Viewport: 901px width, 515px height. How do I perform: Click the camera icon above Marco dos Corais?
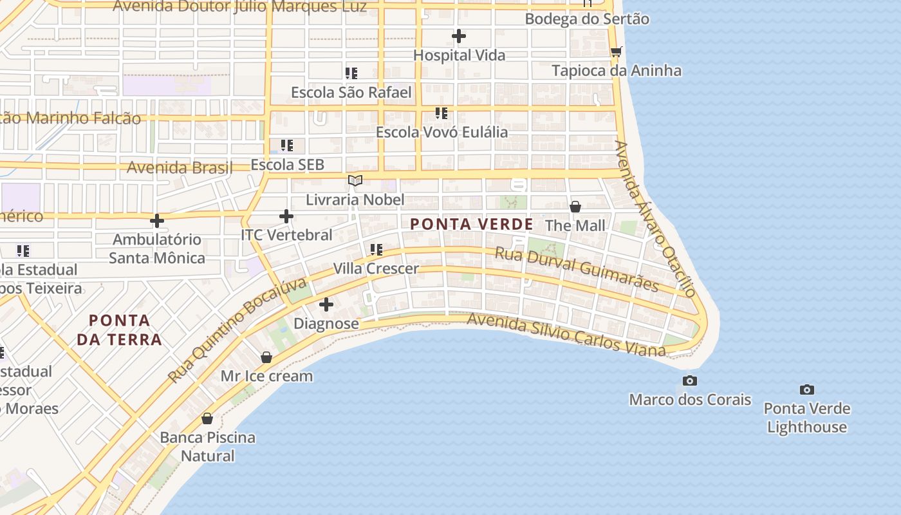pyautogui.click(x=690, y=380)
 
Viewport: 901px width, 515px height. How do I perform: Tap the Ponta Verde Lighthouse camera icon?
pyautogui.click(x=807, y=389)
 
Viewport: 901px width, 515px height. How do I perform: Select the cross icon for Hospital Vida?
pyautogui.click(x=458, y=36)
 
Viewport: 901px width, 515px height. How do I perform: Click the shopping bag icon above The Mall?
pyautogui.click(x=575, y=207)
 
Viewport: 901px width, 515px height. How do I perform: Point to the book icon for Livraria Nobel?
pyautogui.click(x=355, y=181)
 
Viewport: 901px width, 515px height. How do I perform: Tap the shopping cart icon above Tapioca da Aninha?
pyautogui.click(x=616, y=51)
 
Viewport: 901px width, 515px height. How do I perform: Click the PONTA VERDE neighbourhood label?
pyautogui.click(x=472, y=224)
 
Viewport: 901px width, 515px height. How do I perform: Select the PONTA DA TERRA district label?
pyautogui.click(x=119, y=330)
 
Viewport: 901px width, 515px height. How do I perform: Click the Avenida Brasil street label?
pyautogui.click(x=180, y=167)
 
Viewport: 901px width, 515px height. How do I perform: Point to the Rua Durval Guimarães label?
pyautogui.click(x=577, y=269)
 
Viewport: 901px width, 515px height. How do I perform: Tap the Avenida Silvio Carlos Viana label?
pyautogui.click(x=566, y=335)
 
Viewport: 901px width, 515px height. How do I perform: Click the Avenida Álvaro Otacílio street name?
pyautogui.click(x=656, y=219)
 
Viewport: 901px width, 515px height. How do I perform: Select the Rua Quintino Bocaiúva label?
pyautogui.click(x=237, y=331)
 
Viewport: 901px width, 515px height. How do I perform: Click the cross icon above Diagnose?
pyautogui.click(x=326, y=304)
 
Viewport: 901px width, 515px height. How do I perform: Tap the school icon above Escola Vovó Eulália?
pyautogui.click(x=441, y=113)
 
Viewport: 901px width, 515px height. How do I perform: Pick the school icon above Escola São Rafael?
pyautogui.click(x=351, y=73)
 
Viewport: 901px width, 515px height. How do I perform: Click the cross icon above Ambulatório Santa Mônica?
pyautogui.click(x=156, y=221)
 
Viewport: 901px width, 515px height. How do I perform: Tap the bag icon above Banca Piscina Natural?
pyautogui.click(x=207, y=418)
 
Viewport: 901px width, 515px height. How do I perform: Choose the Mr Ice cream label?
pyautogui.click(x=266, y=376)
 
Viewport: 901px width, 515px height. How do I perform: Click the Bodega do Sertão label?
pyautogui.click(x=587, y=19)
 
